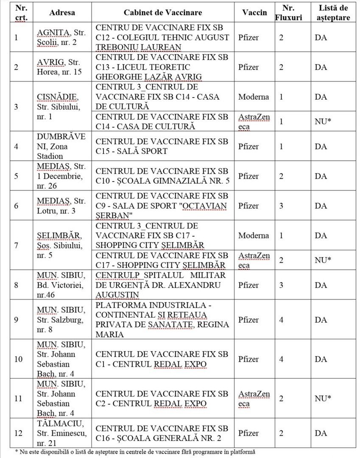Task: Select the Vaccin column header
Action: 254,12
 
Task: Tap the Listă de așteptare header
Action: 332,12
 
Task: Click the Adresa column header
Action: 62,12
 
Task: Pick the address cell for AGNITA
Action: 62,37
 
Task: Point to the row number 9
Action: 16,319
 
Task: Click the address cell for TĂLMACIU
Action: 62,433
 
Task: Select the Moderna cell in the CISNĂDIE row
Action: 254,97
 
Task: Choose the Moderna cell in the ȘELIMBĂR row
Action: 254,235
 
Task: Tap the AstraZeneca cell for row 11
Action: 254,399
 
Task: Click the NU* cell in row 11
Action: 323,399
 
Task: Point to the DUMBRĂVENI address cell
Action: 62,146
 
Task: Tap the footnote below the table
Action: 136,452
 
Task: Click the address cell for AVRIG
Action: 62,67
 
